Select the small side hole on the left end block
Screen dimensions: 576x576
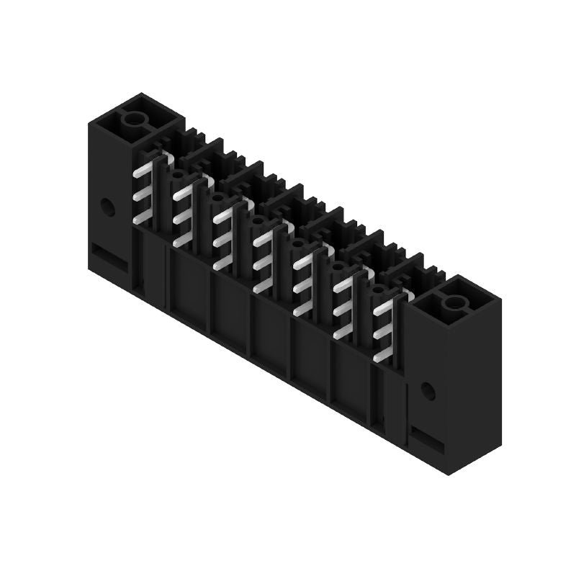coord(108,207)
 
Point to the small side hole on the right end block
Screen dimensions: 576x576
coord(428,392)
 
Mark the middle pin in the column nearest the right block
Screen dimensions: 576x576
coord(384,333)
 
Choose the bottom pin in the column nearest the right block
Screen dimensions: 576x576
coord(384,355)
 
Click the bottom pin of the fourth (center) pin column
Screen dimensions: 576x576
coord(264,287)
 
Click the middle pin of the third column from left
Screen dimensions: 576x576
coord(224,240)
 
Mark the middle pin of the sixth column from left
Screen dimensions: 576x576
coord(344,310)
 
